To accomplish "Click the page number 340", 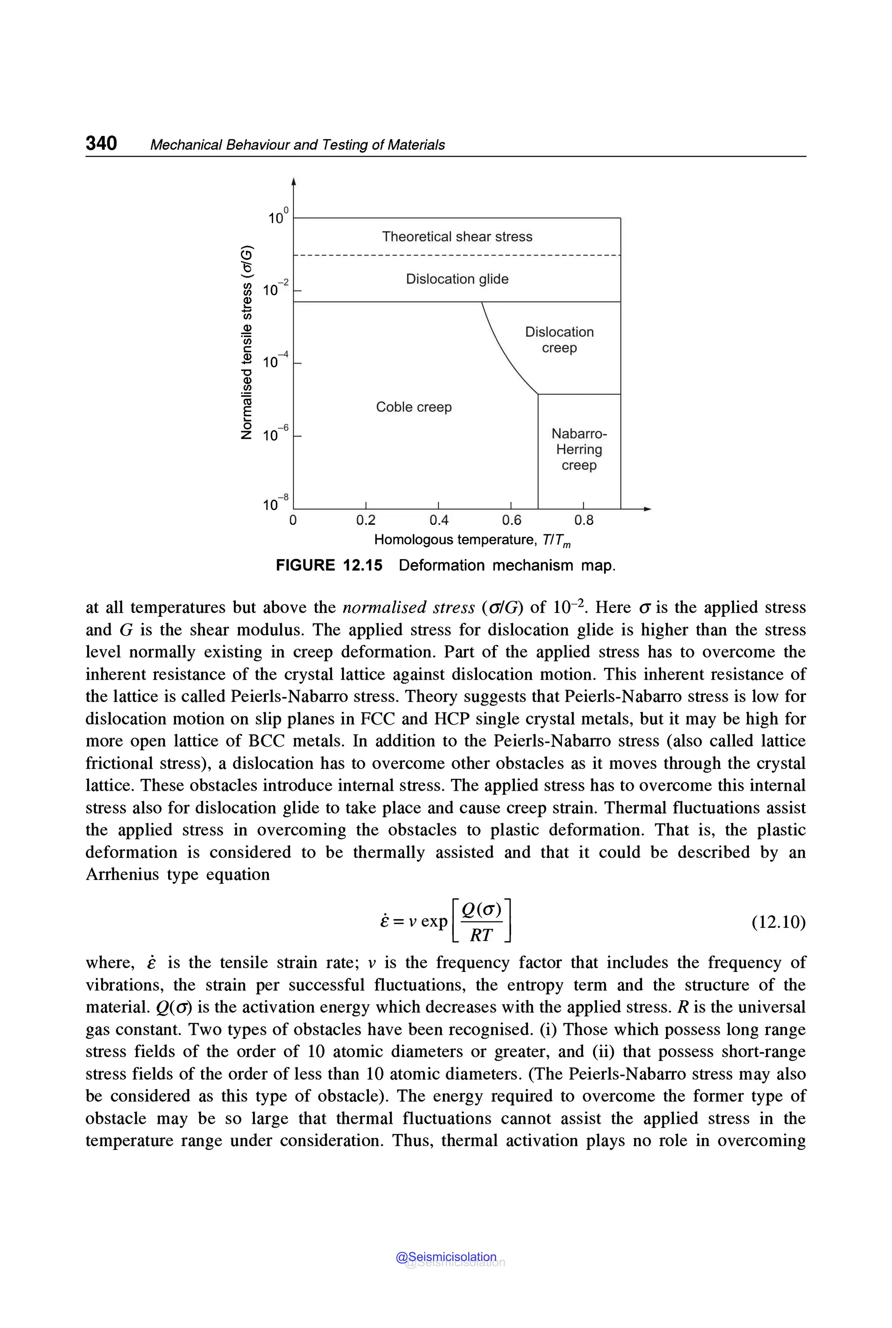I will click(101, 143).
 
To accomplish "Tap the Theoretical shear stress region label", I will click(457, 236).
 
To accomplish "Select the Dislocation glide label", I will click(457, 279).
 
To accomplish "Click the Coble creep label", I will click(414, 407).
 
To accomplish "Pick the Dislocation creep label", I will click(559, 340).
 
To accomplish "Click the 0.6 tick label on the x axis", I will click(511, 520).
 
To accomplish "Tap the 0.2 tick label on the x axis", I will click(366, 520).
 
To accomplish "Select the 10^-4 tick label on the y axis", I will click(275, 361).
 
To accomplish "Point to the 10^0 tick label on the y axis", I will click(277, 217).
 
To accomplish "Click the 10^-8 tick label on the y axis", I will click(275, 504).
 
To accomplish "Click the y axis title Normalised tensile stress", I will click(247, 342).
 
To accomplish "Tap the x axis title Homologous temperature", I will click(472, 540).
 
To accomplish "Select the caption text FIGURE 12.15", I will click(329, 565).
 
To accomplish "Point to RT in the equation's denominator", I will click(481, 935).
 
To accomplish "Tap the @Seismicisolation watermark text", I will click(446, 1257).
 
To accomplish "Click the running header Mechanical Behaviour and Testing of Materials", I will click(297, 145).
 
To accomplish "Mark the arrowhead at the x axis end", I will click(647, 509).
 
